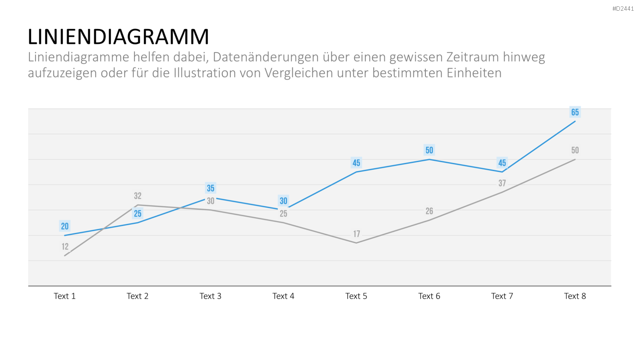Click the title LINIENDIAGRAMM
118,37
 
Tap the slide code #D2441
623,9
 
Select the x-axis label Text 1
64,296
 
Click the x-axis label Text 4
283,296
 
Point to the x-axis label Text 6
429,296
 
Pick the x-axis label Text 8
575,296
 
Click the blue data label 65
575,112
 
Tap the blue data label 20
65,226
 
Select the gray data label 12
65,246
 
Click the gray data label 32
138,196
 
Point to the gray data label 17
356,234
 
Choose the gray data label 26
429,211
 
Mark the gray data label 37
502,183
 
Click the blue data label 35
211,188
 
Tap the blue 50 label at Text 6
429,150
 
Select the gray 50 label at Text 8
575,150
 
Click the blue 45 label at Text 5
356,163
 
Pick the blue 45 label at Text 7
502,163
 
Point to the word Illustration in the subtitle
204,73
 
